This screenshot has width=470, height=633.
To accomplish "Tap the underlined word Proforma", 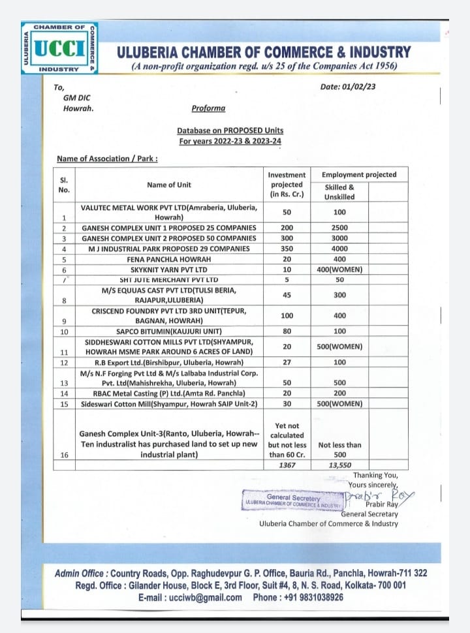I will [x=208, y=108].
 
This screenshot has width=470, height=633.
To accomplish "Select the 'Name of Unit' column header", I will [x=169, y=185].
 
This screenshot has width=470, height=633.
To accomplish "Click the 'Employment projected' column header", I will [x=358, y=174].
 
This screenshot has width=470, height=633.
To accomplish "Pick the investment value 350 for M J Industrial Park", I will [x=287, y=249].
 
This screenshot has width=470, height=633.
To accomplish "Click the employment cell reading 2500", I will [x=339, y=228].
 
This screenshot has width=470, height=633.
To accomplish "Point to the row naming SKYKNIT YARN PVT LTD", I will [x=169, y=270].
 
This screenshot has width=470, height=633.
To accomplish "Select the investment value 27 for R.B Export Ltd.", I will [x=287, y=362].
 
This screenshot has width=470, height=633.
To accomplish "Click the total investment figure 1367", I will [x=287, y=465].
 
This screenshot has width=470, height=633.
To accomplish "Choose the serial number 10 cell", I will [x=64, y=331].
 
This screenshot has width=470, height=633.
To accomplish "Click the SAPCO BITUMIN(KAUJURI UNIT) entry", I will [x=169, y=331].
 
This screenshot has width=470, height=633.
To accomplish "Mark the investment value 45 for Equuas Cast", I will [x=287, y=295].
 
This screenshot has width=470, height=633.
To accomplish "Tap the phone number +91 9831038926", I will [x=307, y=597].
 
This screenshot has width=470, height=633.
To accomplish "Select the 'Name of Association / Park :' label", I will [x=107, y=159].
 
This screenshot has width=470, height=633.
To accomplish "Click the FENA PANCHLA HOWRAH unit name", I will [x=169, y=259].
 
